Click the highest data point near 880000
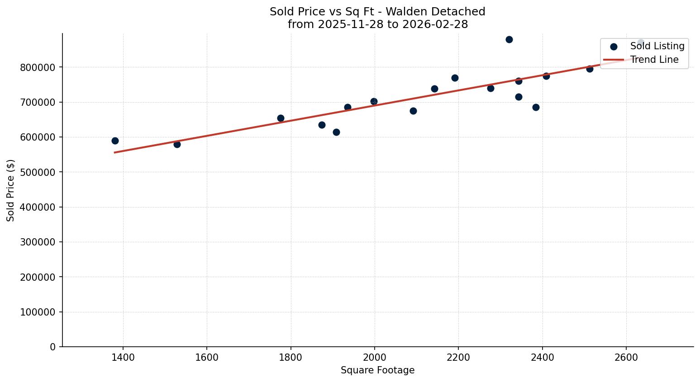click(509, 39)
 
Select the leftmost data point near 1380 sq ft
click(115, 141)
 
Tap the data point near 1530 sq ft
click(177, 144)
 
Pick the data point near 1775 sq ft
click(281, 118)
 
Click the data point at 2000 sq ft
click(374, 101)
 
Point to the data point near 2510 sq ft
click(590, 69)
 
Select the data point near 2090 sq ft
click(413, 111)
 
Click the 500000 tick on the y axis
click(38, 172)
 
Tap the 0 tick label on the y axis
click(53, 347)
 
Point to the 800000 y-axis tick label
click(38, 67)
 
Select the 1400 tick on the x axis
click(123, 358)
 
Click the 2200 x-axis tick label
click(458, 358)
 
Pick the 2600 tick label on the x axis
click(626, 358)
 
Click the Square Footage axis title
click(377, 371)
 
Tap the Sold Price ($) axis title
click(11, 190)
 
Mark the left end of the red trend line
click(115, 152)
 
